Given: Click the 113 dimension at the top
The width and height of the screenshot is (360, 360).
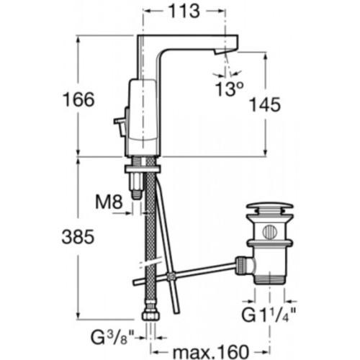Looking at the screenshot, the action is coord(184,12).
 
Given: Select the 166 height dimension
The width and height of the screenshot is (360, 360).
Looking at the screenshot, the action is coord(78,99).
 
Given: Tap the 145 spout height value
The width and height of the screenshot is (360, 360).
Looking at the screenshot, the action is coord(265,105).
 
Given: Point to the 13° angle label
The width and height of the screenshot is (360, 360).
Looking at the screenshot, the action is coord(229,89).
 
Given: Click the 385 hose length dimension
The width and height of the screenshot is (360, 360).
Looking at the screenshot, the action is coord(78,237).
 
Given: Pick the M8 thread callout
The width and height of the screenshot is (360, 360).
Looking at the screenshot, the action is coord(109,202).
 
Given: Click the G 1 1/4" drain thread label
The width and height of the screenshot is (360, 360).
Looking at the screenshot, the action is coord(269,315).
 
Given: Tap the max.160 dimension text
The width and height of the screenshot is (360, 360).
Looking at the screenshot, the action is coord(211,352).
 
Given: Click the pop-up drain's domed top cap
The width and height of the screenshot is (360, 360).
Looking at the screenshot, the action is coord(270,207).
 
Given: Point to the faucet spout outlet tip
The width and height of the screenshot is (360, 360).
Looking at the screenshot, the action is coord(220,52).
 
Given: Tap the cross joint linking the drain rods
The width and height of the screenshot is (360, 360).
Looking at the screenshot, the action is coord(171,276).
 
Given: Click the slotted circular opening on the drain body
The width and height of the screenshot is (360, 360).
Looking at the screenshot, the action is coord(270,232).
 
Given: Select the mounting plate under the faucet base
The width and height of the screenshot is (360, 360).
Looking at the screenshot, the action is coord(143,168).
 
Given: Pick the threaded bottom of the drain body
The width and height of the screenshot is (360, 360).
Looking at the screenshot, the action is coord(270,279).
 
